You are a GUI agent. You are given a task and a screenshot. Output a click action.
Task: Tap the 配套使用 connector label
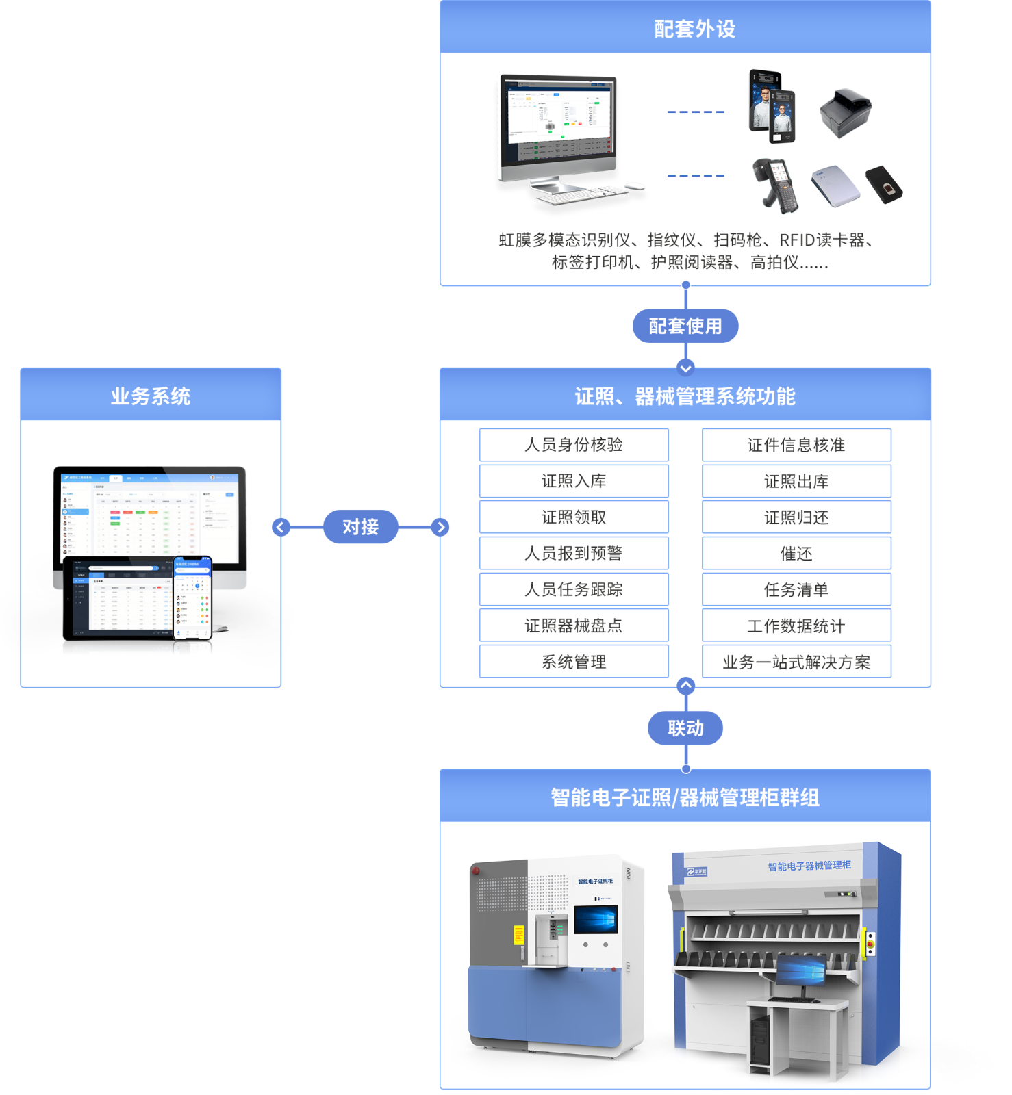(x=685, y=326)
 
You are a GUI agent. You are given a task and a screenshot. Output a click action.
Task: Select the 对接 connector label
(x=360, y=527)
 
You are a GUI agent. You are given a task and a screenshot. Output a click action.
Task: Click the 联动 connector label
(x=685, y=728)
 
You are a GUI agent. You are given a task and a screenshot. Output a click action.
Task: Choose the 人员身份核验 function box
(x=574, y=445)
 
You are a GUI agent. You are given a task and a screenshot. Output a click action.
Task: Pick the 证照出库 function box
(x=796, y=481)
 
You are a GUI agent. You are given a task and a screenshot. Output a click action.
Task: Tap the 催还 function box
(x=796, y=554)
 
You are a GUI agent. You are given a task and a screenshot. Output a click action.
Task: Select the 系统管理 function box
(x=574, y=662)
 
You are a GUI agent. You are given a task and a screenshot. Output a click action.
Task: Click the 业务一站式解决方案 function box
(x=796, y=662)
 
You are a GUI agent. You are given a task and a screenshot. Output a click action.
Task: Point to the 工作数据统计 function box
(x=796, y=626)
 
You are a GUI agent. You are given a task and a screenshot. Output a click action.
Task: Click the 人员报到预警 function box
(x=574, y=553)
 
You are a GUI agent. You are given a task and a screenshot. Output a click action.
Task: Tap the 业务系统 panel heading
(x=151, y=396)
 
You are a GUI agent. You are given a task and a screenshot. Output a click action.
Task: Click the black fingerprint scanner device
(x=884, y=183)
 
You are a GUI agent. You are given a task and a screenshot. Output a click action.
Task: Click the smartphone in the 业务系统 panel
(x=192, y=597)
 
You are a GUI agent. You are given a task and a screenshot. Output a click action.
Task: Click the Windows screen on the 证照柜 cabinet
(x=596, y=919)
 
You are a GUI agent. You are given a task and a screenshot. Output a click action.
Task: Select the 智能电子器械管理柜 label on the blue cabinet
(x=809, y=866)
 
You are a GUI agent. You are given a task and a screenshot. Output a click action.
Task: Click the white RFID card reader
(x=835, y=185)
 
